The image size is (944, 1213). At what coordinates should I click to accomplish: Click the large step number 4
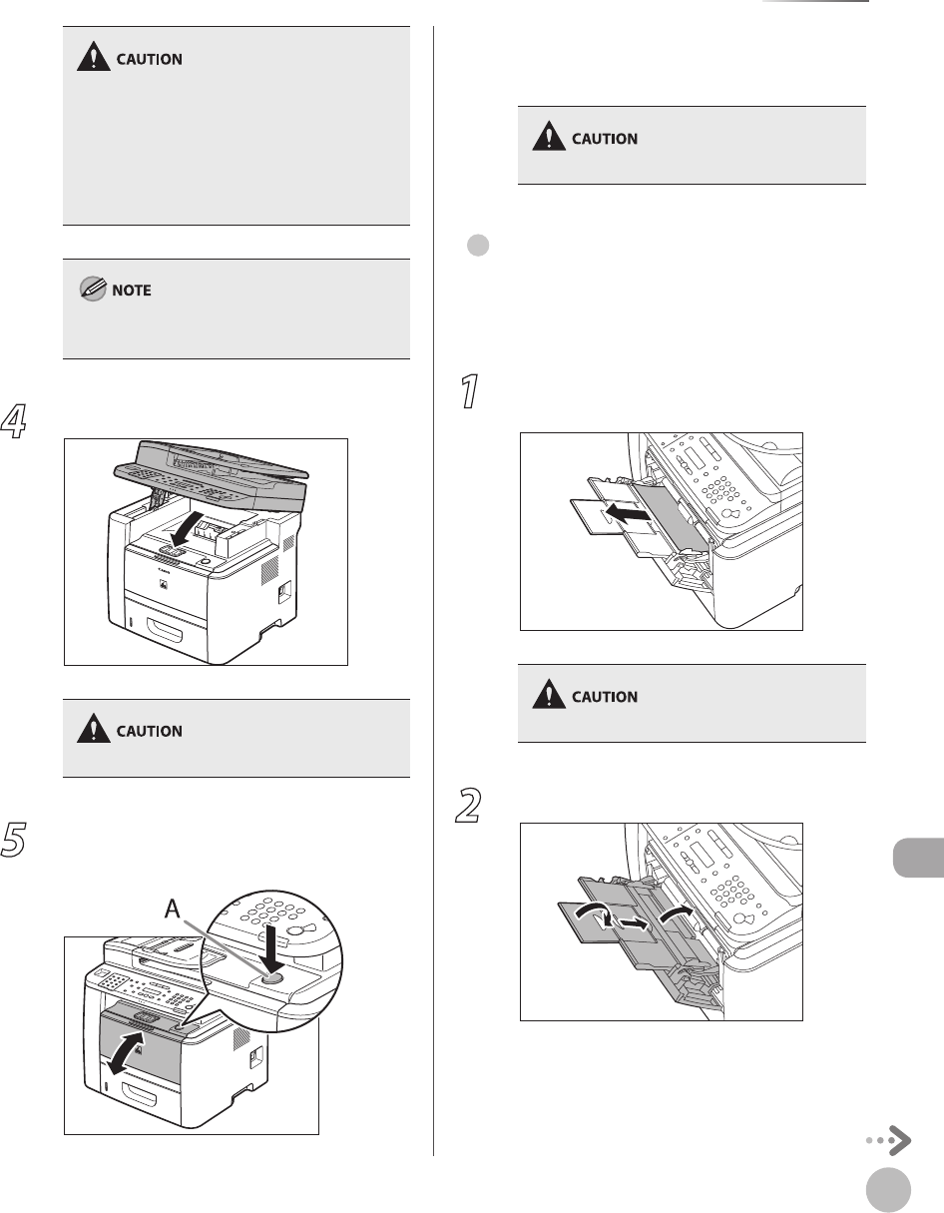13,421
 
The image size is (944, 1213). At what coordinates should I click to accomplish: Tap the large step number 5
13,839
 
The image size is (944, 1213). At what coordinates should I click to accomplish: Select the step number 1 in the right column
470,391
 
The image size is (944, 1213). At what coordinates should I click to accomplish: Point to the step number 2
468,805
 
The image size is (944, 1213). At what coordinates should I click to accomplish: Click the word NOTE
132,291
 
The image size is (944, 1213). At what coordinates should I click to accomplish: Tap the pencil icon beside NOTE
93,289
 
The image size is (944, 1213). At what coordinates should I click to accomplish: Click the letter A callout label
173,910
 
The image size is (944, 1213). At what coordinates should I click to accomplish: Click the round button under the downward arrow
272,978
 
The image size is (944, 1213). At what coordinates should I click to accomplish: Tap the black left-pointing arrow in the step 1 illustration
629,512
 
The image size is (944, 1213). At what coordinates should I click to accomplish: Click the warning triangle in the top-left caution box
93,56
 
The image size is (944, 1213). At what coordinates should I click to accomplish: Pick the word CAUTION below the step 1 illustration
605,697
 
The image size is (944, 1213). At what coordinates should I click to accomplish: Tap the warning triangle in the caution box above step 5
93,728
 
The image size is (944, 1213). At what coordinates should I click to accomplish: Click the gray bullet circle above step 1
478,246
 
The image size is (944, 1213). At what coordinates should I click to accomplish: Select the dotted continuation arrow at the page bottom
889,1140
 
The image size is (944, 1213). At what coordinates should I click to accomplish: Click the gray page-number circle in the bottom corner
888,1190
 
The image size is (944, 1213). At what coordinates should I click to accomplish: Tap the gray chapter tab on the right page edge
918,858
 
